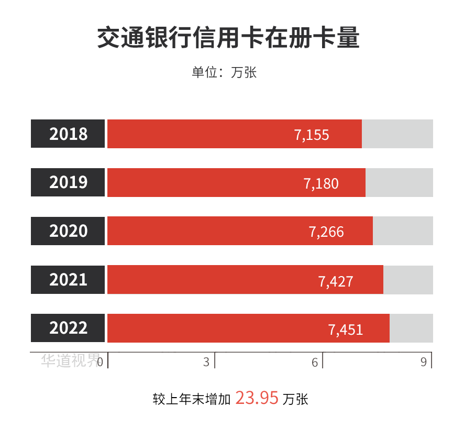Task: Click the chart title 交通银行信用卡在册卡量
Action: (228, 38)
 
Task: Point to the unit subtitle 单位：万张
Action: (224, 72)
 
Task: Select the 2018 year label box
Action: (68, 134)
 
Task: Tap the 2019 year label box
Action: (68, 182)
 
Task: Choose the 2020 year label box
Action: (68, 231)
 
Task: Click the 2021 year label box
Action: (68, 280)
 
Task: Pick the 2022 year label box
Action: (68, 328)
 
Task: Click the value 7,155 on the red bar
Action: (312, 135)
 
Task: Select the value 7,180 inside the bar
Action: (321, 183)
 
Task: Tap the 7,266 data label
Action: (327, 232)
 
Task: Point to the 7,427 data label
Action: (336, 281)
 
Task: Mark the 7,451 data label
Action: (346, 330)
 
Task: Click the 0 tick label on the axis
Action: (100, 362)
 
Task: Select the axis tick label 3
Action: (206, 362)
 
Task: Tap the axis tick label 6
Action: (315, 362)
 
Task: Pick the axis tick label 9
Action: (424, 362)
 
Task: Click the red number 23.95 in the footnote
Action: (257, 398)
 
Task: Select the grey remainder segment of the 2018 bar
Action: (397, 134)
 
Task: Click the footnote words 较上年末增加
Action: (192, 400)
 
